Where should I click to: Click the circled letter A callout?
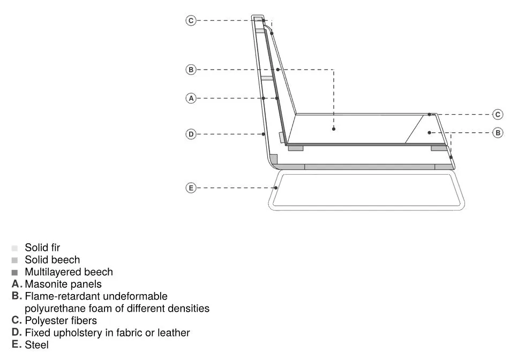[191, 99]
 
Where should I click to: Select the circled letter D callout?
[191, 134]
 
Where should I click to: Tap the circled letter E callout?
[191, 188]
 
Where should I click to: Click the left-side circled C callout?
[191, 21]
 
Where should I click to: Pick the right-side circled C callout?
[498, 115]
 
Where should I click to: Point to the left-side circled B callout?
[191, 70]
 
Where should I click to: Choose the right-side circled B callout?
[498, 133]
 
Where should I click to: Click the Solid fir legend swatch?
[14, 248]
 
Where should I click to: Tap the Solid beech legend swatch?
[14, 260]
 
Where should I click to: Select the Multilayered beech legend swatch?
[14, 272]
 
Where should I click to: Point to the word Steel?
[36, 344]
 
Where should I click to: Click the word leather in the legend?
[174, 333]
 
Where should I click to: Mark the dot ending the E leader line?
[276, 188]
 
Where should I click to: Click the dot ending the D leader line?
[264, 134]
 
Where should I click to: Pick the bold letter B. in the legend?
[17, 296]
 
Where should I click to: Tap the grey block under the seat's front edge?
[439, 148]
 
